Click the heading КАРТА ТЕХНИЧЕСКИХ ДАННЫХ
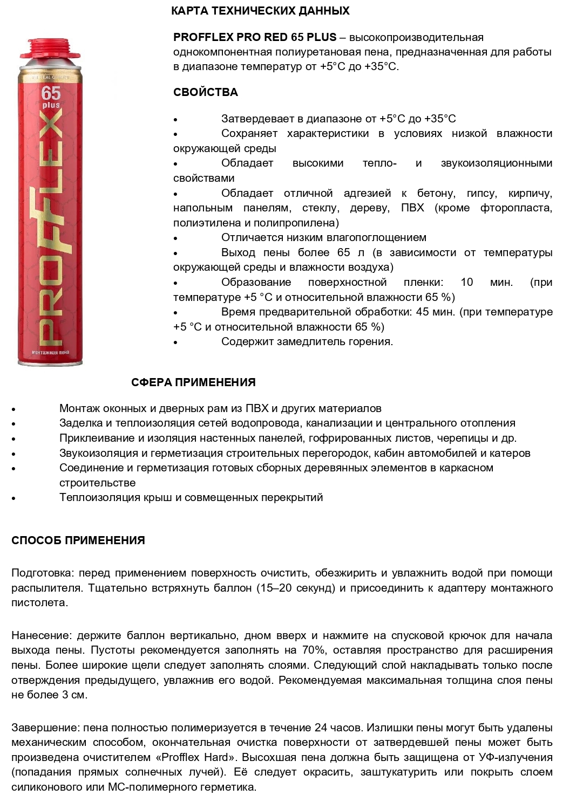pos(260,11)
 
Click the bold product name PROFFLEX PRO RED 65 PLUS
pos(255,38)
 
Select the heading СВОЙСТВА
pos(206,92)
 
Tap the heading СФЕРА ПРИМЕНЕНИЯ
pos(193,382)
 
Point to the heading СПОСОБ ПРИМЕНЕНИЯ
pos(78,540)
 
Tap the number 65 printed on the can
pos(51,93)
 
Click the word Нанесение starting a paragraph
pos(41,635)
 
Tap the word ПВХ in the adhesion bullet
pos(412,208)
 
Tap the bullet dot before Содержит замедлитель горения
pos(176,342)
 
